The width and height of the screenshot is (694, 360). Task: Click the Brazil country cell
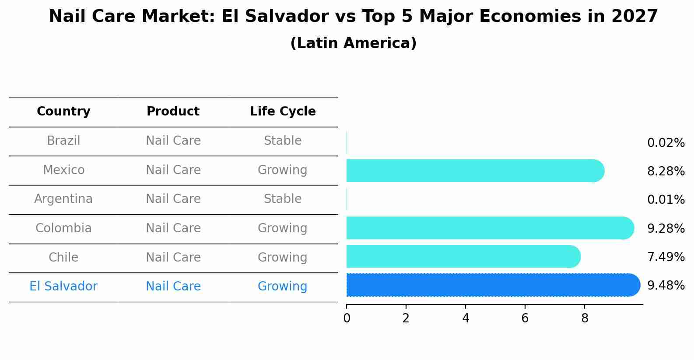click(63, 141)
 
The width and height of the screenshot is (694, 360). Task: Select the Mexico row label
click(63, 170)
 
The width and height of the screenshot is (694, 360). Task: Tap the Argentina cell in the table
click(63, 199)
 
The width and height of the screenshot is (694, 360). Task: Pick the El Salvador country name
click(63, 287)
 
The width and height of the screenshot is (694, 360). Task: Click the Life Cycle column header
click(283, 112)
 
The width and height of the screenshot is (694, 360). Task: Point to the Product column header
click(173, 112)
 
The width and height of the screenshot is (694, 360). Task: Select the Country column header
click(63, 112)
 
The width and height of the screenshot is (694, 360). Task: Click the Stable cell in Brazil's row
click(283, 141)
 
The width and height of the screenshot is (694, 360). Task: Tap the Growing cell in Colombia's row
click(283, 228)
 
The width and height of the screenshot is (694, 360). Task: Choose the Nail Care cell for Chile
click(173, 257)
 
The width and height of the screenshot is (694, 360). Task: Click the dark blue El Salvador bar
click(490, 285)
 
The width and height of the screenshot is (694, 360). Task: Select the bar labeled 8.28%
click(473, 171)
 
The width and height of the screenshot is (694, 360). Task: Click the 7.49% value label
click(666, 257)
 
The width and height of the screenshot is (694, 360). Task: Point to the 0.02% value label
click(666, 143)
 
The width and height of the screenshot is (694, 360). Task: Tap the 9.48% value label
click(666, 286)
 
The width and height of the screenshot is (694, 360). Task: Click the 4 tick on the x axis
click(466, 318)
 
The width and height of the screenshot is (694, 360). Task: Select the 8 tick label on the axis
click(585, 318)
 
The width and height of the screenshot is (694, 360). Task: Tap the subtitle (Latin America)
click(353, 43)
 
